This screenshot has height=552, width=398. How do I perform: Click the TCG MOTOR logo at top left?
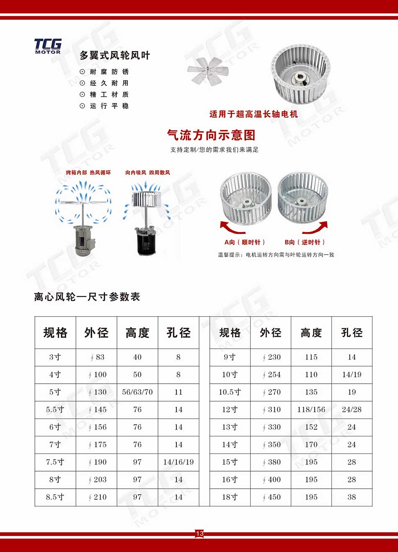tap(48, 46)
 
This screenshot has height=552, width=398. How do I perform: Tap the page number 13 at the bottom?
tap(199, 533)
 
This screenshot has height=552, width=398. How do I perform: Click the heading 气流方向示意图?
tap(211, 135)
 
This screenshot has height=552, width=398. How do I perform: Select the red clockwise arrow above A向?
tap(233, 228)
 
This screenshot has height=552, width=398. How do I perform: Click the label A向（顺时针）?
tap(244, 242)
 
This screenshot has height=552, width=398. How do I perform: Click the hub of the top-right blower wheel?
tap(300, 77)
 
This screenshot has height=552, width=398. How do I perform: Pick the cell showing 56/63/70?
tap(137, 392)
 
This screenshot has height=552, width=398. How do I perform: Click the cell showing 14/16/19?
tap(178, 462)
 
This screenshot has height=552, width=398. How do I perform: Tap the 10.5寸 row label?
tap(230, 392)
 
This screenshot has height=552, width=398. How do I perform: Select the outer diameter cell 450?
tap(271, 497)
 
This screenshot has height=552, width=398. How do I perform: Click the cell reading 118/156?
tap(311, 410)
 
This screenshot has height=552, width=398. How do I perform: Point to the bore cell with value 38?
tap(351, 497)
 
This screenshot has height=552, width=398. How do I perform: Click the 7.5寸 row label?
tap(55, 462)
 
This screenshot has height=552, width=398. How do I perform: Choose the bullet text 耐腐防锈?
tap(109, 72)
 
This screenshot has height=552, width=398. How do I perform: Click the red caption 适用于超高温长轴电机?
tap(253, 114)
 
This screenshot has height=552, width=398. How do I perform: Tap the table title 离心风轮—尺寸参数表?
tap(87, 297)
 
